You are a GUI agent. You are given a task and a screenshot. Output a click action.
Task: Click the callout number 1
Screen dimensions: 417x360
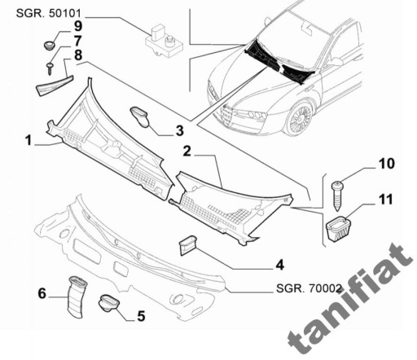pos(29,141)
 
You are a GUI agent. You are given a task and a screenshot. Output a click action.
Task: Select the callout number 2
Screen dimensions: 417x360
pos(187,151)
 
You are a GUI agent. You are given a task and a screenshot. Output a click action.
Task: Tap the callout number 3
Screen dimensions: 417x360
pos(180,130)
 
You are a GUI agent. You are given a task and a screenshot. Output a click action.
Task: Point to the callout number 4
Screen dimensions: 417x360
pos(280,265)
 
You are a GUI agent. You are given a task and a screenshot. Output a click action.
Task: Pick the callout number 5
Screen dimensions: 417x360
pos(141,316)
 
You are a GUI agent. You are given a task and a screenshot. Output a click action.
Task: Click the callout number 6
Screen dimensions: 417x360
pos(42,293)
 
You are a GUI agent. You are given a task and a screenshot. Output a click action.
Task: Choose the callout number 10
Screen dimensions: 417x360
pos(387,164)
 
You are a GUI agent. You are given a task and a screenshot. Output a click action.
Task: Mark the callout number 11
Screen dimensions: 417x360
pos(386,200)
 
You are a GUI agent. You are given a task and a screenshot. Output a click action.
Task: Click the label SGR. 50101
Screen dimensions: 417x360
pos(49,13)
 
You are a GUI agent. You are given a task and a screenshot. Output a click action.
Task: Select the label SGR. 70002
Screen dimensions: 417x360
pos(309,288)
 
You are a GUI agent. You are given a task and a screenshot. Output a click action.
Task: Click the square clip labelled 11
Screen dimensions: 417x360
pos(338,228)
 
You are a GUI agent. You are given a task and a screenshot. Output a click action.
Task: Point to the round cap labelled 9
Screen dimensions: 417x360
pos(50,45)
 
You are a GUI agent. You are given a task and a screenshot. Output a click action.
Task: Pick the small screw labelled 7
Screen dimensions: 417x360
pos(50,68)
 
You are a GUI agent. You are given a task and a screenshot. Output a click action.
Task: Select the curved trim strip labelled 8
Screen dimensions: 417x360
pos(54,86)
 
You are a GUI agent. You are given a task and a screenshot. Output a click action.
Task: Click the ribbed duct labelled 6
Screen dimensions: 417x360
pos(77,296)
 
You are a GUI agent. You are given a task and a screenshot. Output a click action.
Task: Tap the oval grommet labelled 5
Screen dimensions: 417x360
pos(109,303)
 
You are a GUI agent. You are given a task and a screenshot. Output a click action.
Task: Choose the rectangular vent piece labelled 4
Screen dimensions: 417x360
pos(187,245)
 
